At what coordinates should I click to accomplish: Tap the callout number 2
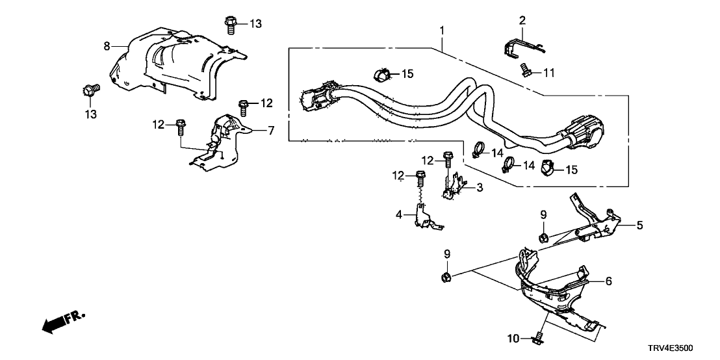pos(521,21)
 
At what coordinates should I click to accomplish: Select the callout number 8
pos(107,45)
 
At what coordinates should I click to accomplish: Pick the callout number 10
pos(514,338)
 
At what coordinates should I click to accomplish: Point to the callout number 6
pos(608,281)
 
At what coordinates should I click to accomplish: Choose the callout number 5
pos(639,225)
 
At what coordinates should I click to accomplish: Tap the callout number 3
pos(479,188)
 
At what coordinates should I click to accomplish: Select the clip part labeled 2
pos(524,47)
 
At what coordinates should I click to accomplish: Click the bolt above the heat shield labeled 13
pos(231,24)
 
